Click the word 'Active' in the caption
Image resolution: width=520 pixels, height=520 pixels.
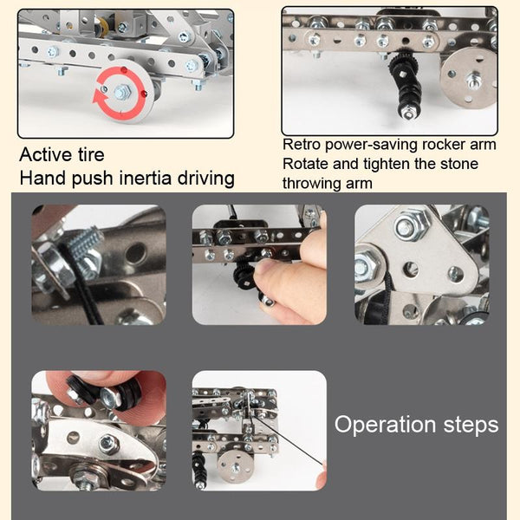(46, 155)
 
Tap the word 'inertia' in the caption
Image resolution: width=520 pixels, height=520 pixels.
(146, 178)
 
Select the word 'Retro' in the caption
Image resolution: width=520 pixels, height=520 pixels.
(302, 144)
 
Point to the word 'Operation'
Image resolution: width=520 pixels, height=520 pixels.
(385, 425)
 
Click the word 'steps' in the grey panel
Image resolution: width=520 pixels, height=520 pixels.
(471, 426)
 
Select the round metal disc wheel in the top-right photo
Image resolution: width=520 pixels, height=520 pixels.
(468, 77)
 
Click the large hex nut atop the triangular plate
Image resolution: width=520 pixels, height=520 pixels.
(412, 226)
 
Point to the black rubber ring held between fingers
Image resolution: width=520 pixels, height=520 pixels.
(127, 394)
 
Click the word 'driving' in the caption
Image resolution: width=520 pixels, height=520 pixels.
(206, 178)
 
